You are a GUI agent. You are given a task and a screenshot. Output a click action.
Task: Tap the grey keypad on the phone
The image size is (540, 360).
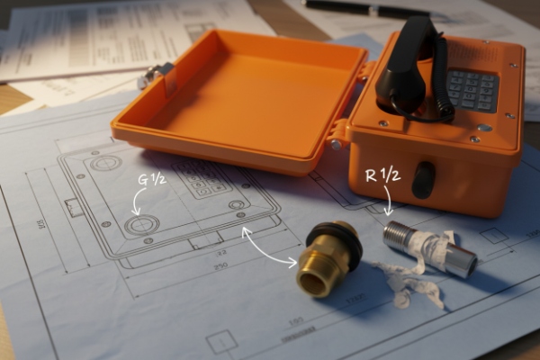472,89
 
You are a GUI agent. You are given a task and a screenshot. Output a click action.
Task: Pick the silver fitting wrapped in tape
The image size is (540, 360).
430,248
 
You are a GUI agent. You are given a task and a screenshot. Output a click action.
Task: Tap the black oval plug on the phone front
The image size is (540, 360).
422,180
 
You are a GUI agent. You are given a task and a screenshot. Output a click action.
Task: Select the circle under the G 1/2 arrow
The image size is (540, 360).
140,225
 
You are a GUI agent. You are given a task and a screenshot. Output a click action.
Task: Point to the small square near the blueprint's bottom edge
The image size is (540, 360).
220,342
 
